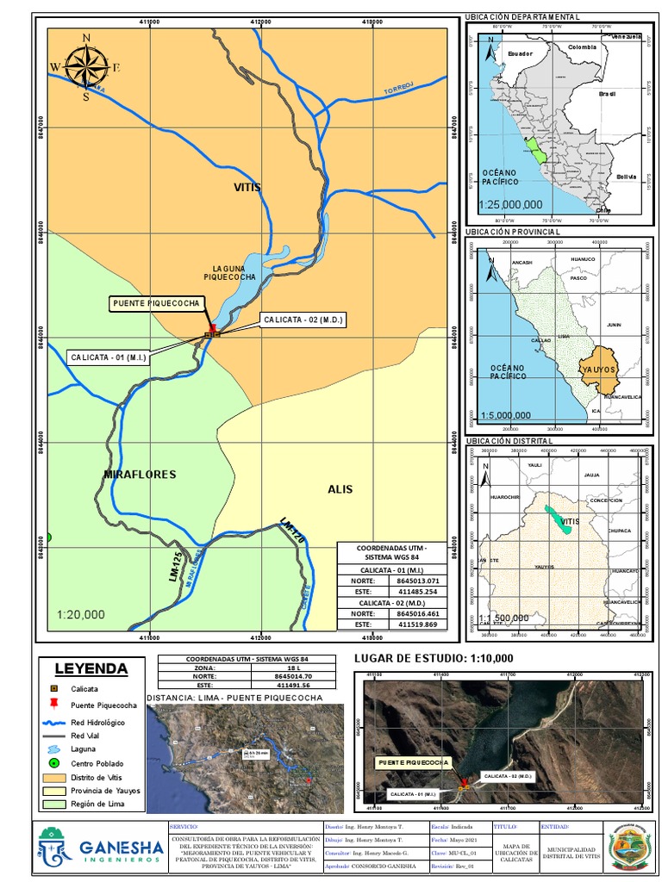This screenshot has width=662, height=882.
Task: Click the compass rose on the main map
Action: (85, 66)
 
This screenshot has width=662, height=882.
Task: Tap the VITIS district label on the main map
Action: (247, 187)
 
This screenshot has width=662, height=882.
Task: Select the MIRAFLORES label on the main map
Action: (140, 475)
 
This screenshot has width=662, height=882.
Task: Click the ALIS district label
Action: (340, 489)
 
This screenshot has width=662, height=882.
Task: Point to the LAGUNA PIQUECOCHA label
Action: (229, 273)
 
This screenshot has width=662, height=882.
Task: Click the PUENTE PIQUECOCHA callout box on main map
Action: (157, 303)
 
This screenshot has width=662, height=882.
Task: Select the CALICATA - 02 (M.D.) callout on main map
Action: (303, 320)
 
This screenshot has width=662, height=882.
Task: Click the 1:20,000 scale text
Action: (82, 615)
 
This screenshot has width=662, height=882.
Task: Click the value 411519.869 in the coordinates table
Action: (417, 624)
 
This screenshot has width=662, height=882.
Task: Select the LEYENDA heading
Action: (91, 669)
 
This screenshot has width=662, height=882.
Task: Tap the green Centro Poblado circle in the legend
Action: (53, 764)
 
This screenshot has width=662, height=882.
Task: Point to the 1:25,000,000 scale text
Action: (510, 205)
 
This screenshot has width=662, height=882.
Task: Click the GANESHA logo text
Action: (121, 849)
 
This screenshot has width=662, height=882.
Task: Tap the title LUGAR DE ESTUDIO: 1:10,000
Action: (434, 659)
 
